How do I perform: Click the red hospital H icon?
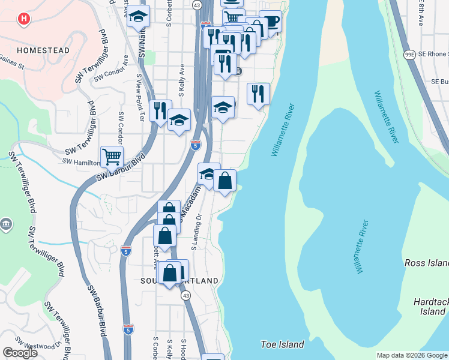tap(23, 19)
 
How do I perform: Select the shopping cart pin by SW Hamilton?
tap(112, 157)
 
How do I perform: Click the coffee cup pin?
tap(271, 22)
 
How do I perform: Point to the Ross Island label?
tap(426, 263)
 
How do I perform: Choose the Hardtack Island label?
tap(431, 307)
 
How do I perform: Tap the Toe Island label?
tap(282, 344)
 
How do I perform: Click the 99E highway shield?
tap(409, 54)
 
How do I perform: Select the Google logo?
tap(20, 353)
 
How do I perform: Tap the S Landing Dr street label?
tap(194, 232)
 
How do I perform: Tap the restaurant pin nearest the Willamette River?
tap(258, 94)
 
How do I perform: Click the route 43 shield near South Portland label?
tap(187, 296)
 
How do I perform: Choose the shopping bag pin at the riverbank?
tap(224, 181)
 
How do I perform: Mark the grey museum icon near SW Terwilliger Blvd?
tap(6, 224)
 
